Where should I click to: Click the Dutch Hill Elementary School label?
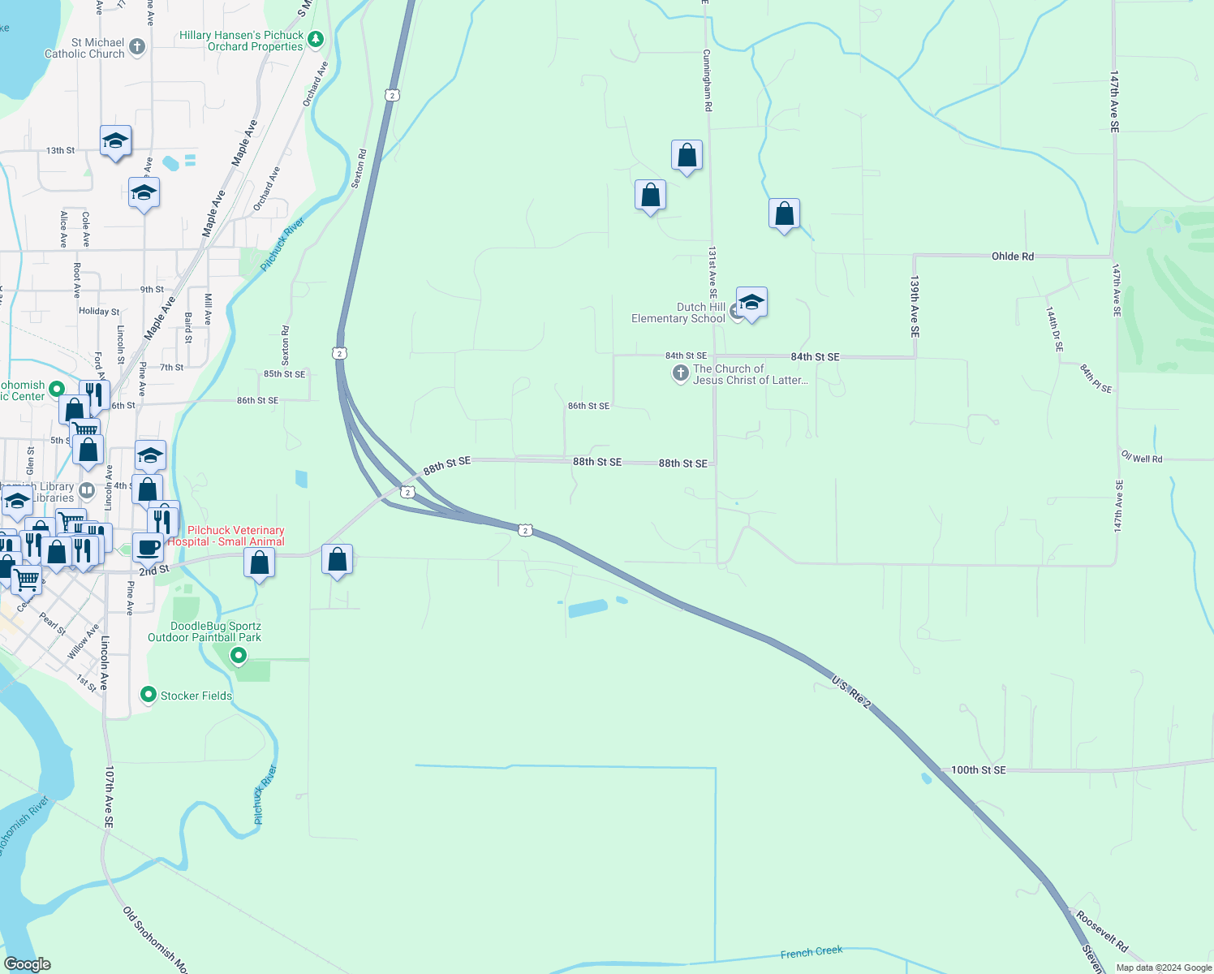click(x=678, y=312)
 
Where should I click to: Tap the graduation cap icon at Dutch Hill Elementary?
click(x=751, y=303)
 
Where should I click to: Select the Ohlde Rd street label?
click(x=1013, y=256)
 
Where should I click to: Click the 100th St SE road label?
click(x=978, y=769)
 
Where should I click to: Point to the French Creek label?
click(x=811, y=952)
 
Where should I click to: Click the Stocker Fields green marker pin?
click(x=149, y=695)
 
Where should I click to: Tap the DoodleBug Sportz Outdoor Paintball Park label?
click(x=204, y=631)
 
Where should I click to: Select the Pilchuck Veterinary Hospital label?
click(x=227, y=536)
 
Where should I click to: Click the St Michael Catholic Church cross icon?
click(x=137, y=46)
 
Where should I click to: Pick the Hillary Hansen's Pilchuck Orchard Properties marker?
click(x=316, y=39)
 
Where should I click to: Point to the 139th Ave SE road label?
click(x=915, y=307)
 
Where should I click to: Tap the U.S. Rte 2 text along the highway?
click(x=851, y=691)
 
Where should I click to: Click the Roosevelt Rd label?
click(x=1102, y=931)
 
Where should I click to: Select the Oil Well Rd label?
click(x=1142, y=457)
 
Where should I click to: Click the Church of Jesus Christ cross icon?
click(x=680, y=373)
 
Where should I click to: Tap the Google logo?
click(x=27, y=963)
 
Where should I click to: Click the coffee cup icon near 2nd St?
click(x=148, y=548)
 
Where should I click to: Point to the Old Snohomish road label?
click(x=154, y=939)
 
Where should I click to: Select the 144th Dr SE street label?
click(x=1054, y=329)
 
